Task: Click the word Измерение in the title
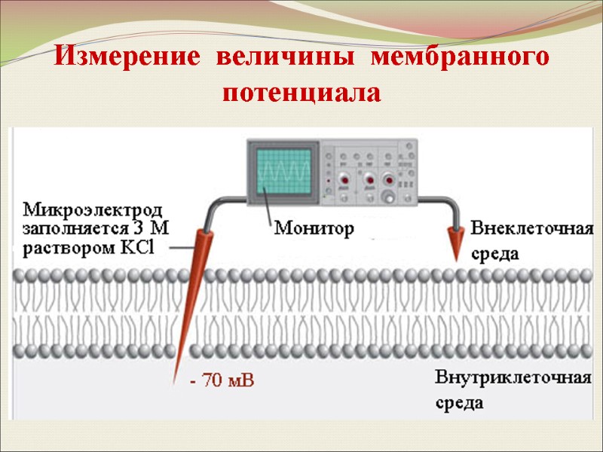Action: tap(129, 58)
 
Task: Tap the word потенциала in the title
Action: tap(301, 94)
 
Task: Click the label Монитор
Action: tap(313, 228)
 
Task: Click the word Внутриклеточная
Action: tap(513, 377)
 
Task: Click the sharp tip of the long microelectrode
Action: tap(176, 383)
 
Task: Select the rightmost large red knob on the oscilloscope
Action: tap(389, 180)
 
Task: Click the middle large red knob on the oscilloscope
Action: tap(369, 181)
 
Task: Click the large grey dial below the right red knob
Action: tap(389, 197)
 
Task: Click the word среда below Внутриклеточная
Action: tap(460, 403)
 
